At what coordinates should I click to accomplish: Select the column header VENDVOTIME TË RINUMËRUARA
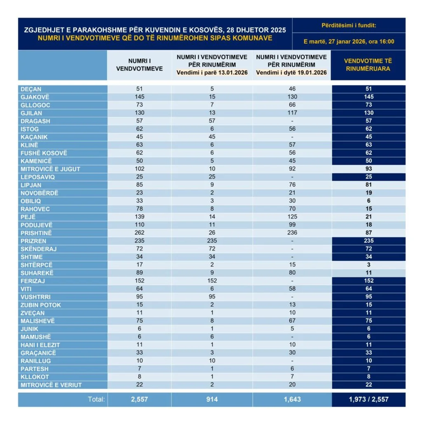tap(368, 65)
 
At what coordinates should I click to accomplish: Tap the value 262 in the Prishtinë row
tap(139, 233)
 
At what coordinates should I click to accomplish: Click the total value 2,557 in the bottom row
tap(139, 399)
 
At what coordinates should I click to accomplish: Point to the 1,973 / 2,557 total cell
tap(368, 399)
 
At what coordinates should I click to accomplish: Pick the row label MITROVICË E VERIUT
tap(51, 385)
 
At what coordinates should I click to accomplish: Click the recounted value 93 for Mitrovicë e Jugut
tap(368, 169)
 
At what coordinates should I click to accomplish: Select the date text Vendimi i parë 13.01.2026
tap(212, 73)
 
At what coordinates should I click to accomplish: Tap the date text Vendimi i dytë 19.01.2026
tap(291, 73)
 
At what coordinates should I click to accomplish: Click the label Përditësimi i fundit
tap(349, 26)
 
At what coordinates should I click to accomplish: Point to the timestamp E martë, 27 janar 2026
tap(349, 41)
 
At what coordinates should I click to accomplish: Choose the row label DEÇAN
tap(30, 89)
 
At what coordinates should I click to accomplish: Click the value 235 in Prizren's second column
tap(212, 241)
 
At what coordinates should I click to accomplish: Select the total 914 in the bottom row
tap(212, 399)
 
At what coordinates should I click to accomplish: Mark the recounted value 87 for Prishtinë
tap(368, 233)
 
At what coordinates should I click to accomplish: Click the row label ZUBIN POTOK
tap(41, 305)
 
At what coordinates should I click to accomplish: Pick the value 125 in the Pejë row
tap(291, 217)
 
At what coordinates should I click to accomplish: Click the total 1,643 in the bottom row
tap(291, 399)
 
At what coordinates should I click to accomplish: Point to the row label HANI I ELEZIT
tap(40, 345)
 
